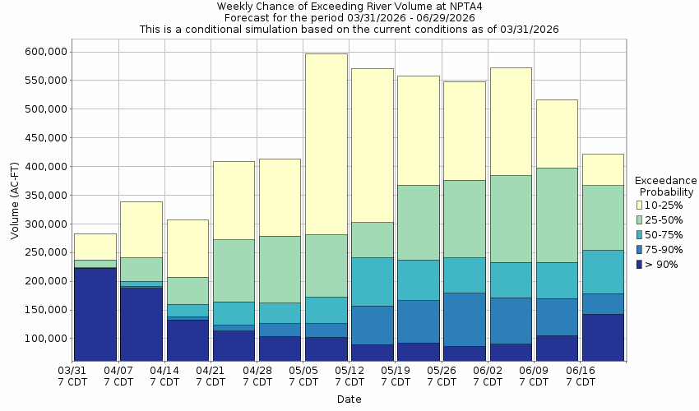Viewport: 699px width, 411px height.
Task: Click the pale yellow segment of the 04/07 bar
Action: [x=141, y=229]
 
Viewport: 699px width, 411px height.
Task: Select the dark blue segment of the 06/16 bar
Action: [x=603, y=337]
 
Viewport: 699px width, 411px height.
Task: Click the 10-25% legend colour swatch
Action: [x=640, y=205]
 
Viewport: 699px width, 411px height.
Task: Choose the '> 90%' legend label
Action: [x=663, y=264]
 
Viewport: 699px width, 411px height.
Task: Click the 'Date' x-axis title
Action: [x=349, y=399]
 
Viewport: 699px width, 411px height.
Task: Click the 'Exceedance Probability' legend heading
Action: [x=666, y=186]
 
